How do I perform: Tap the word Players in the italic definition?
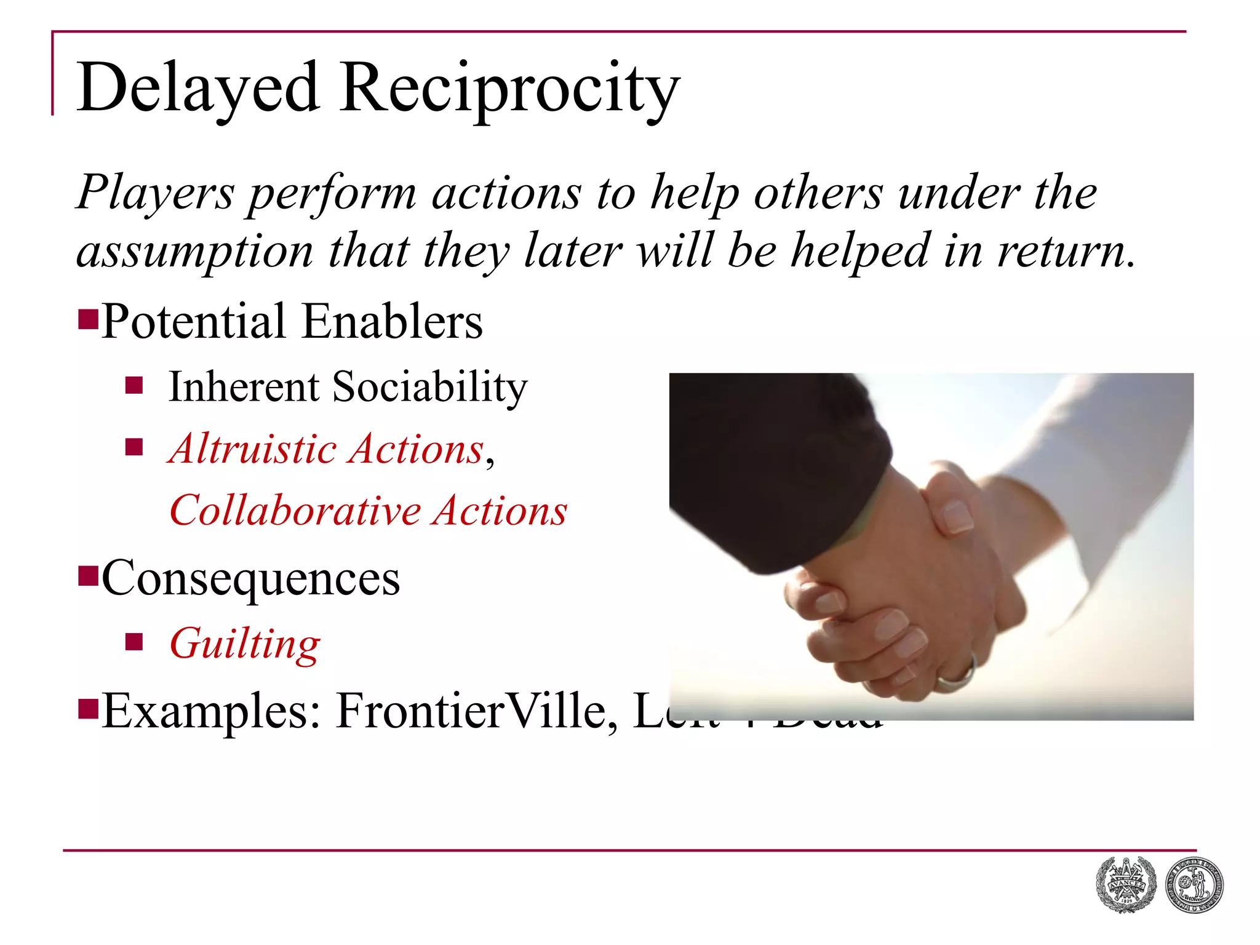click(x=155, y=193)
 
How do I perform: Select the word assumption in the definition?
click(x=194, y=252)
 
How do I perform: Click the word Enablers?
click(x=393, y=322)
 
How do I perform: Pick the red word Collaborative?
click(x=295, y=511)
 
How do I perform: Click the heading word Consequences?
click(x=251, y=578)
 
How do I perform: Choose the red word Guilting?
click(x=245, y=644)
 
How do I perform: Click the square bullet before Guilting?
click(x=134, y=642)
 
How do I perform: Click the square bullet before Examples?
click(x=89, y=709)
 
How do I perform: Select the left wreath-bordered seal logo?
click(x=1126, y=885)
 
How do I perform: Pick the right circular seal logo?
click(x=1194, y=885)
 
